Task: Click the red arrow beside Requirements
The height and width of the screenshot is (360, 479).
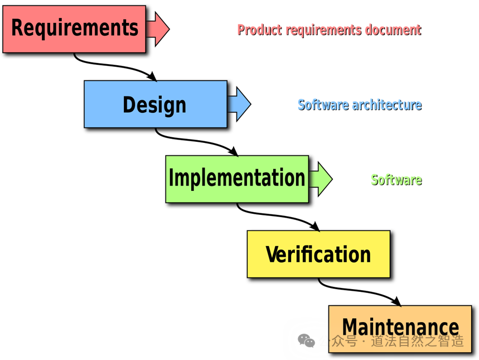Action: click(x=158, y=28)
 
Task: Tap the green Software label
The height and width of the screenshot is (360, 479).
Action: click(x=396, y=179)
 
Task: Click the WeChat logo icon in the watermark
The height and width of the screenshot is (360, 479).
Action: click(x=306, y=340)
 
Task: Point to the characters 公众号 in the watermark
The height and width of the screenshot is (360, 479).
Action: click(x=338, y=340)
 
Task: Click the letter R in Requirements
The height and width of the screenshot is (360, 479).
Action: click(x=18, y=27)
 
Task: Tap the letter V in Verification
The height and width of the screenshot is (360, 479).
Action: click(x=272, y=255)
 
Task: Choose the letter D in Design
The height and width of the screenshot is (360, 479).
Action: click(x=129, y=105)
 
